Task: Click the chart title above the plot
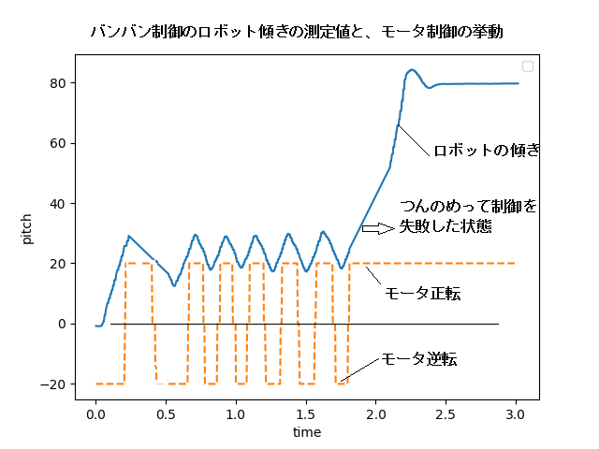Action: tap(297, 31)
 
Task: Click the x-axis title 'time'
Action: tap(306, 432)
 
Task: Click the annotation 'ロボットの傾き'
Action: tap(486, 151)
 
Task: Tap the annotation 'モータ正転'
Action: tap(422, 294)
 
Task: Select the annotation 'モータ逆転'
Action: tap(418, 359)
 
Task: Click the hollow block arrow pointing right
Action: tap(378, 227)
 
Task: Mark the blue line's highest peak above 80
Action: tap(412, 70)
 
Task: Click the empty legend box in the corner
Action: tap(528, 66)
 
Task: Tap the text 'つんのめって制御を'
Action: tap(469, 207)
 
